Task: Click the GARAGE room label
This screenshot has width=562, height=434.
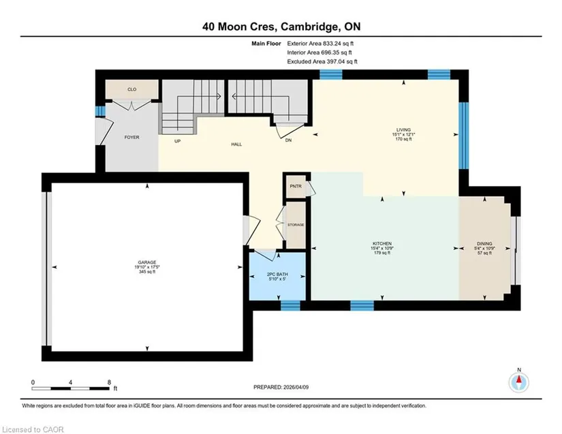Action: click(147, 262)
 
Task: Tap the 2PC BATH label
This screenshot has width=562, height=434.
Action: click(277, 274)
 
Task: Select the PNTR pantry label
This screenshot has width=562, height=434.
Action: click(296, 187)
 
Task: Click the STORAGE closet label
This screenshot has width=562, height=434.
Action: click(296, 225)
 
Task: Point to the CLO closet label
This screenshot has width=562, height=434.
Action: click(132, 89)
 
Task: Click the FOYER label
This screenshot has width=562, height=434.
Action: click(131, 137)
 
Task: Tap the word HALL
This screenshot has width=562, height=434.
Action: click(236, 144)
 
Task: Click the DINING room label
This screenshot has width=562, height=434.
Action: click(484, 244)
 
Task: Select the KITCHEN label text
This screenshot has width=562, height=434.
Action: click(382, 244)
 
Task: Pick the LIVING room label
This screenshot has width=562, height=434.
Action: click(403, 129)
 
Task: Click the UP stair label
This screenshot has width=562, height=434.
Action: click(177, 141)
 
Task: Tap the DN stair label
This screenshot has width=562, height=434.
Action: click(289, 140)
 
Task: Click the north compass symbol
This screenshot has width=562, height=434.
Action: click(518, 383)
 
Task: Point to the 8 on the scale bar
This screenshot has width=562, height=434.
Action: click(109, 382)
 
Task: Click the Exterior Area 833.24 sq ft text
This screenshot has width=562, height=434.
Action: click(320, 44)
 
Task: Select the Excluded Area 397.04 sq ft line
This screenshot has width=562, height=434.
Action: click(322, 61)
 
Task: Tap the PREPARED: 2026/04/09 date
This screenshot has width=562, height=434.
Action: click(281, 387)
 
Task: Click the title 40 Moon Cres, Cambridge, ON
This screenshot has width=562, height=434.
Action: click(281, 27)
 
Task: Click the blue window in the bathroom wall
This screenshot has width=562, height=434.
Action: click(290, 305)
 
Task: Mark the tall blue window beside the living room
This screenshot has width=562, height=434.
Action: click(464, 136)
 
